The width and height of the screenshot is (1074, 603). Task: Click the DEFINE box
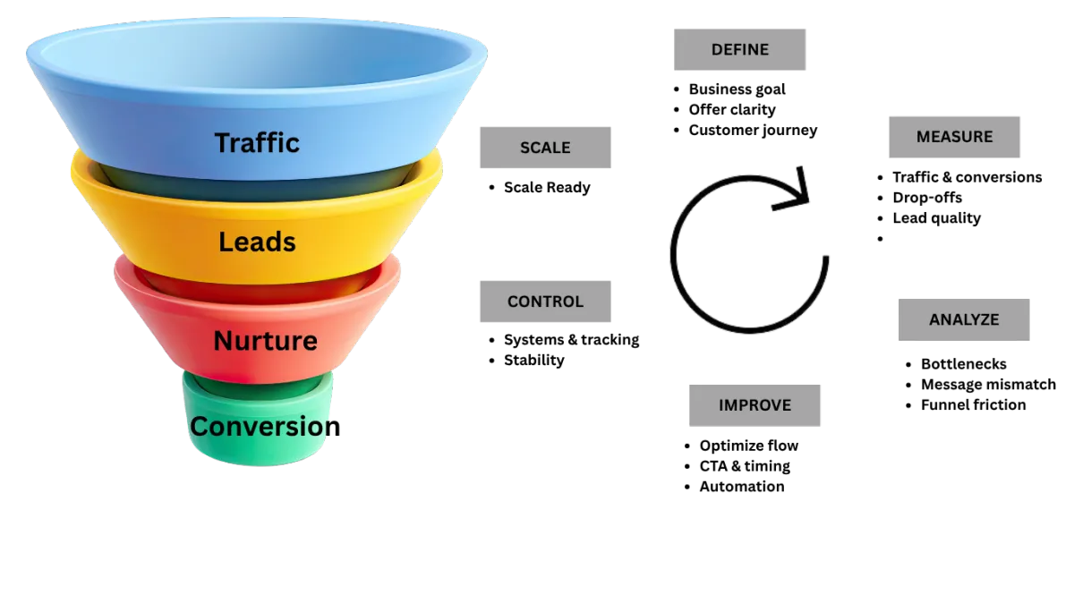(740, 49)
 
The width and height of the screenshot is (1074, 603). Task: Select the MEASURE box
(954, 138)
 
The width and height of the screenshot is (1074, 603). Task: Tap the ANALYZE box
(963, 319)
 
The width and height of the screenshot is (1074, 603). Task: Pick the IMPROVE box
(754, 404)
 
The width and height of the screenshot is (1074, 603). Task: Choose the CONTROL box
(546, 302)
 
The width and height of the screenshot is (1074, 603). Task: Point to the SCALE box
(546, 147)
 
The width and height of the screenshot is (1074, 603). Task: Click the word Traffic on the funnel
(257, 143)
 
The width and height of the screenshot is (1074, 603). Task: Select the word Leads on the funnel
(257, 242)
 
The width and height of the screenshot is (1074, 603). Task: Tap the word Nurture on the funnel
(265, 341)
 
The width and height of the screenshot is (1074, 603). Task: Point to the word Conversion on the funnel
(260, 427)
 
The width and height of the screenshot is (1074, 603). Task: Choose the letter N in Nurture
(223, 341)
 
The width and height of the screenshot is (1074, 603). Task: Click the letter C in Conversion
(200, 427)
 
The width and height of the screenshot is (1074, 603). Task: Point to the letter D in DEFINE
(717, 50)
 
